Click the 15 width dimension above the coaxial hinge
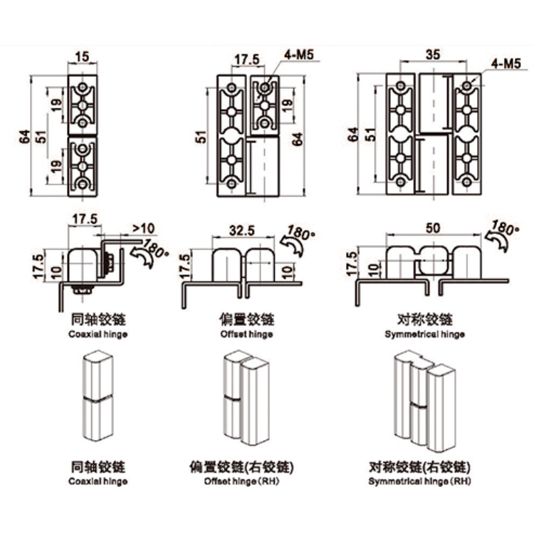pos(83,56)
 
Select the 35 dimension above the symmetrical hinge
pos(431,54)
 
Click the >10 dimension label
pos(143,229)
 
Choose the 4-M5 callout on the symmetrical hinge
pos(506,63)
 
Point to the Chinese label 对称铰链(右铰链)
pos(420,467)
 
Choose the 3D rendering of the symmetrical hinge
pos(424,402)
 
